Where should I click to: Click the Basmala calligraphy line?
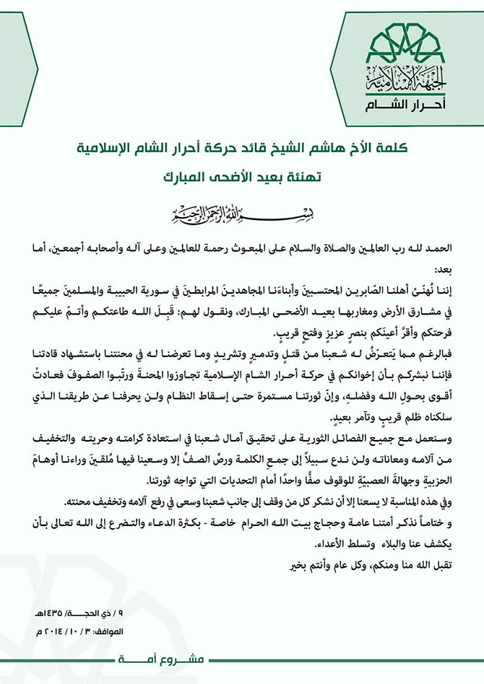(x=242, y=215)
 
